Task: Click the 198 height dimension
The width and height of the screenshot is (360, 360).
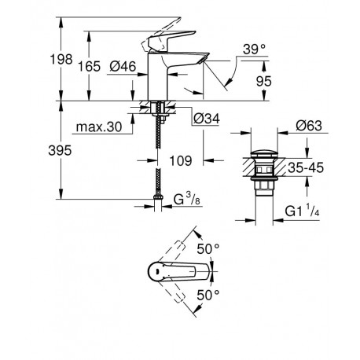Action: click(61, 60)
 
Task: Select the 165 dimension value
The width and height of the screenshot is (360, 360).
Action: click(89, 67)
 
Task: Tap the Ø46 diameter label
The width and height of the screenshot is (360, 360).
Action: click(123, 66)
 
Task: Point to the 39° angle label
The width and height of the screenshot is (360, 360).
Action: click(254, 49)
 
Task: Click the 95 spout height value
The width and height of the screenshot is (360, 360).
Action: click(263, 82)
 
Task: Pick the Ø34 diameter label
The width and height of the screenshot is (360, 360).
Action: click(207, 119)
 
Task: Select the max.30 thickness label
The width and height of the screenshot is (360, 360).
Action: click(99, 127)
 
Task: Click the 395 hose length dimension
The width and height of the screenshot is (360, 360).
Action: click(60, 151)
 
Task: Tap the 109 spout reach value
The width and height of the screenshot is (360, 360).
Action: click(181, 160)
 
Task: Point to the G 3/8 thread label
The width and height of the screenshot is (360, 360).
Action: click(187, 200)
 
